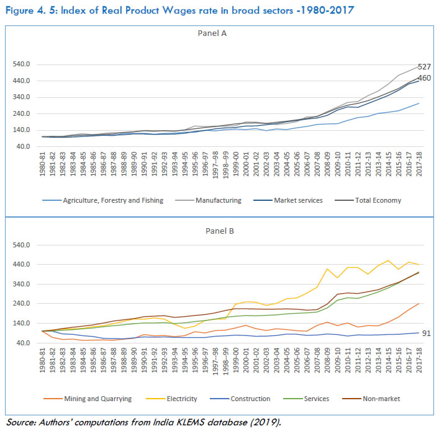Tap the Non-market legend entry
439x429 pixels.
pyautogui.click(x=379, y=399)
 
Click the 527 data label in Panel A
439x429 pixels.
pyautogui.click(x=424, y=67)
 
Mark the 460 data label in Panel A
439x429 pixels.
pyautogui.click(x=424, y=78)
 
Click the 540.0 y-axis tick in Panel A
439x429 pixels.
pyautogui.click(x=22, y=64)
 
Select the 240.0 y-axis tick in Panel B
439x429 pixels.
pyautogui.click(x=22, y=304)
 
